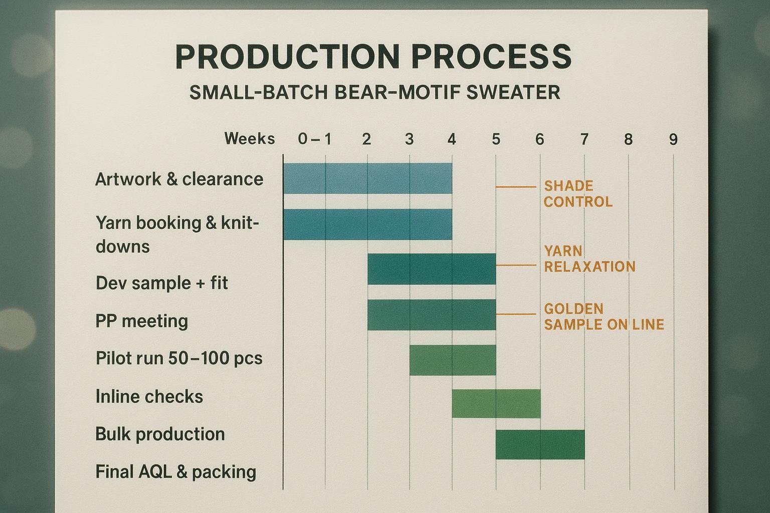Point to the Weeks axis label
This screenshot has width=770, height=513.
[250, 138]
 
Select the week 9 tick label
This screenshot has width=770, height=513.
[673, 139]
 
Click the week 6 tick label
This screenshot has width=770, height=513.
[539, 139]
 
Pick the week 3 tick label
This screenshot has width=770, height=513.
[409, 139]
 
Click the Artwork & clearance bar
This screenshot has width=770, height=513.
[367, 178]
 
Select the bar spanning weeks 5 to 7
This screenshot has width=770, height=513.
[540, 444]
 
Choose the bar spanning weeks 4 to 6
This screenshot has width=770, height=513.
[496, 403]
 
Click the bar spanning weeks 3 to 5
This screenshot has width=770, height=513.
[452, 360]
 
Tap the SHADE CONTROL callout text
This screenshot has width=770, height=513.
[577, 194]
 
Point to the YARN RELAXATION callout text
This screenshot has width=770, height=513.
[589, 259]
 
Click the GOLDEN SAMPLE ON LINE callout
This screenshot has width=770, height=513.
[603, 317]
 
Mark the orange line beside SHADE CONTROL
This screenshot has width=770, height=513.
[516, 187]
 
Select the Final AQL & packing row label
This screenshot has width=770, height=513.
[175, 472]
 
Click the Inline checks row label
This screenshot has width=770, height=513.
[149, 397]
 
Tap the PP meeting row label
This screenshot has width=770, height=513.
[141, 321]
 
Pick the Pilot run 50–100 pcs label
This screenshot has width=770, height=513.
[178, 359]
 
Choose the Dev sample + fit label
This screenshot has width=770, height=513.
[161, 283]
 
